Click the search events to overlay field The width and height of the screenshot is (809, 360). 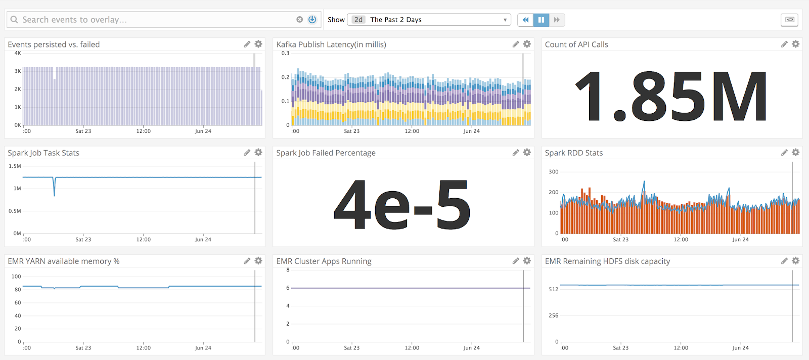click(152, 20)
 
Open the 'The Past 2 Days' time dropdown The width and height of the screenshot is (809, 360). click(429, 20)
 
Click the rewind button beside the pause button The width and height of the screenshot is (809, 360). click(525, 20)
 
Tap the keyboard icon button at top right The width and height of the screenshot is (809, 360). click(790, 20)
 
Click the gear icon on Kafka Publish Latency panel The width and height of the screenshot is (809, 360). click(527, 44)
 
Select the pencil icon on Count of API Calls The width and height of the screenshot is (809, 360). click(784, 44)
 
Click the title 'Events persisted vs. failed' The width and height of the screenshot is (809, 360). click(54, 44)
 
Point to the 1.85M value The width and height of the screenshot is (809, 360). click(671, 96)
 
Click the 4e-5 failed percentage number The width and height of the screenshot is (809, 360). click(402, 205)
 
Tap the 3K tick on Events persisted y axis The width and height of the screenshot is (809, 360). click(18, 71)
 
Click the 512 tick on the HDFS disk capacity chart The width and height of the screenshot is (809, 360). click(553, 289)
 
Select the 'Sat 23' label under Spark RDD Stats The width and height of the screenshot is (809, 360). click(620, 240)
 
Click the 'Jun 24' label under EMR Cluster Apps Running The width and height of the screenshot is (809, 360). click(471, 348)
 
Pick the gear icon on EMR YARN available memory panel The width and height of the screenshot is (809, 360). click(258, 261)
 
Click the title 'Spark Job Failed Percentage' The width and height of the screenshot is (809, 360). click(326, 153)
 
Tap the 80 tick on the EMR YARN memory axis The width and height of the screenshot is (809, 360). click(18, 290)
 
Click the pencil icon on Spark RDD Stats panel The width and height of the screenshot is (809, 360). click(784, 153)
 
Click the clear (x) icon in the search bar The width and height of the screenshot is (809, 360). click(299, 20)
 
